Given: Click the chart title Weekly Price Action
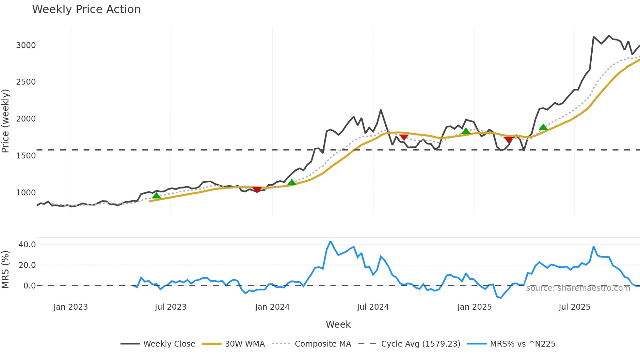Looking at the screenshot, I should [86, 9].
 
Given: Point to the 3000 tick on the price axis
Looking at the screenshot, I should [26, 45].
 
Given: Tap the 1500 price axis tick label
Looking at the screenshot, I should [26, 156].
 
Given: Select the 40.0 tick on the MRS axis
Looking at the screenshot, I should [27, 245].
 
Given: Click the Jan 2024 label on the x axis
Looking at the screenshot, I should [272, 307].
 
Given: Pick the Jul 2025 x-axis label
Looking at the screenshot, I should [574, 307].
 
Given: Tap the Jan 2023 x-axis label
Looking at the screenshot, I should [71, 307].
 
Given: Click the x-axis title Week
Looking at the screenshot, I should [338, 324].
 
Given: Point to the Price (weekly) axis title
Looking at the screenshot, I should [6, 121].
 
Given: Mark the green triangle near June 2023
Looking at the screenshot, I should [156, 196].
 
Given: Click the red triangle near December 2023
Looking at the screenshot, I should [257, 190].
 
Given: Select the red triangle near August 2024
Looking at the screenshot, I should [404, 137].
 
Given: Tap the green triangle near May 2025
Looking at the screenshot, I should [543, 127].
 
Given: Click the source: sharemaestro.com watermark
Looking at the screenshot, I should [578, 288].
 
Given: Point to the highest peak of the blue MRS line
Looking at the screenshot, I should [330, 242].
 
